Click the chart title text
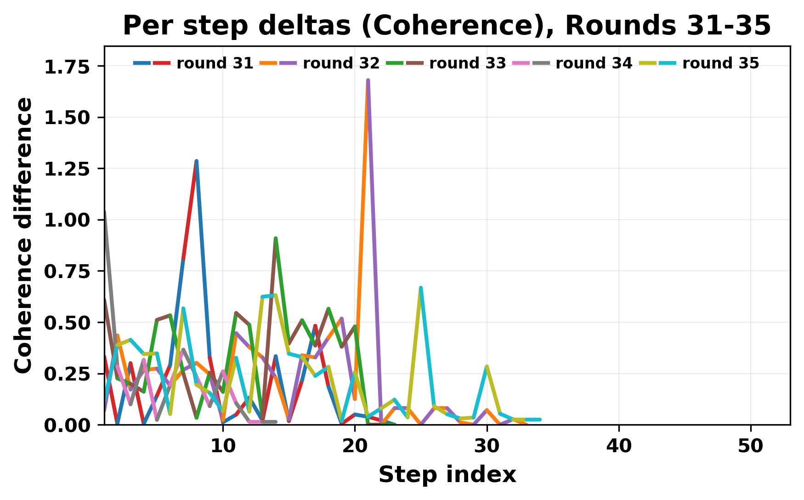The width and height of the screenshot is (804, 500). tap(447, 26)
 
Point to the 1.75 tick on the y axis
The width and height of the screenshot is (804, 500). tap(66, 67)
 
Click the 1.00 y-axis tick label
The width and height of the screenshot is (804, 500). tap(66, 220)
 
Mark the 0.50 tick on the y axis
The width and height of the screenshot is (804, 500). tap(66, 323)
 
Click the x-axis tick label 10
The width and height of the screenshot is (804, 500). tap(223, 446)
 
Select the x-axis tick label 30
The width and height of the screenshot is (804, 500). tap(487, 446)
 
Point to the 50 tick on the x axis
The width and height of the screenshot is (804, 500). tap(751, 446)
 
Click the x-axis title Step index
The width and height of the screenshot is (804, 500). tap(447, 475)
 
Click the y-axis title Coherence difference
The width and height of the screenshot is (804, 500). tap(24, 235)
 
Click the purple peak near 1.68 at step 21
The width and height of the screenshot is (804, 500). tap(368, 81)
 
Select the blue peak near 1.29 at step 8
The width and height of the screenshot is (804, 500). tap(197, 161)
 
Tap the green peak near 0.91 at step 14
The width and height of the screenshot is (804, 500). tap(276, 239)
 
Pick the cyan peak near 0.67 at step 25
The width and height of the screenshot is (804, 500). tap(421, 288)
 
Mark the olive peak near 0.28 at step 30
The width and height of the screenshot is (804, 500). tap(487, 367)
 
